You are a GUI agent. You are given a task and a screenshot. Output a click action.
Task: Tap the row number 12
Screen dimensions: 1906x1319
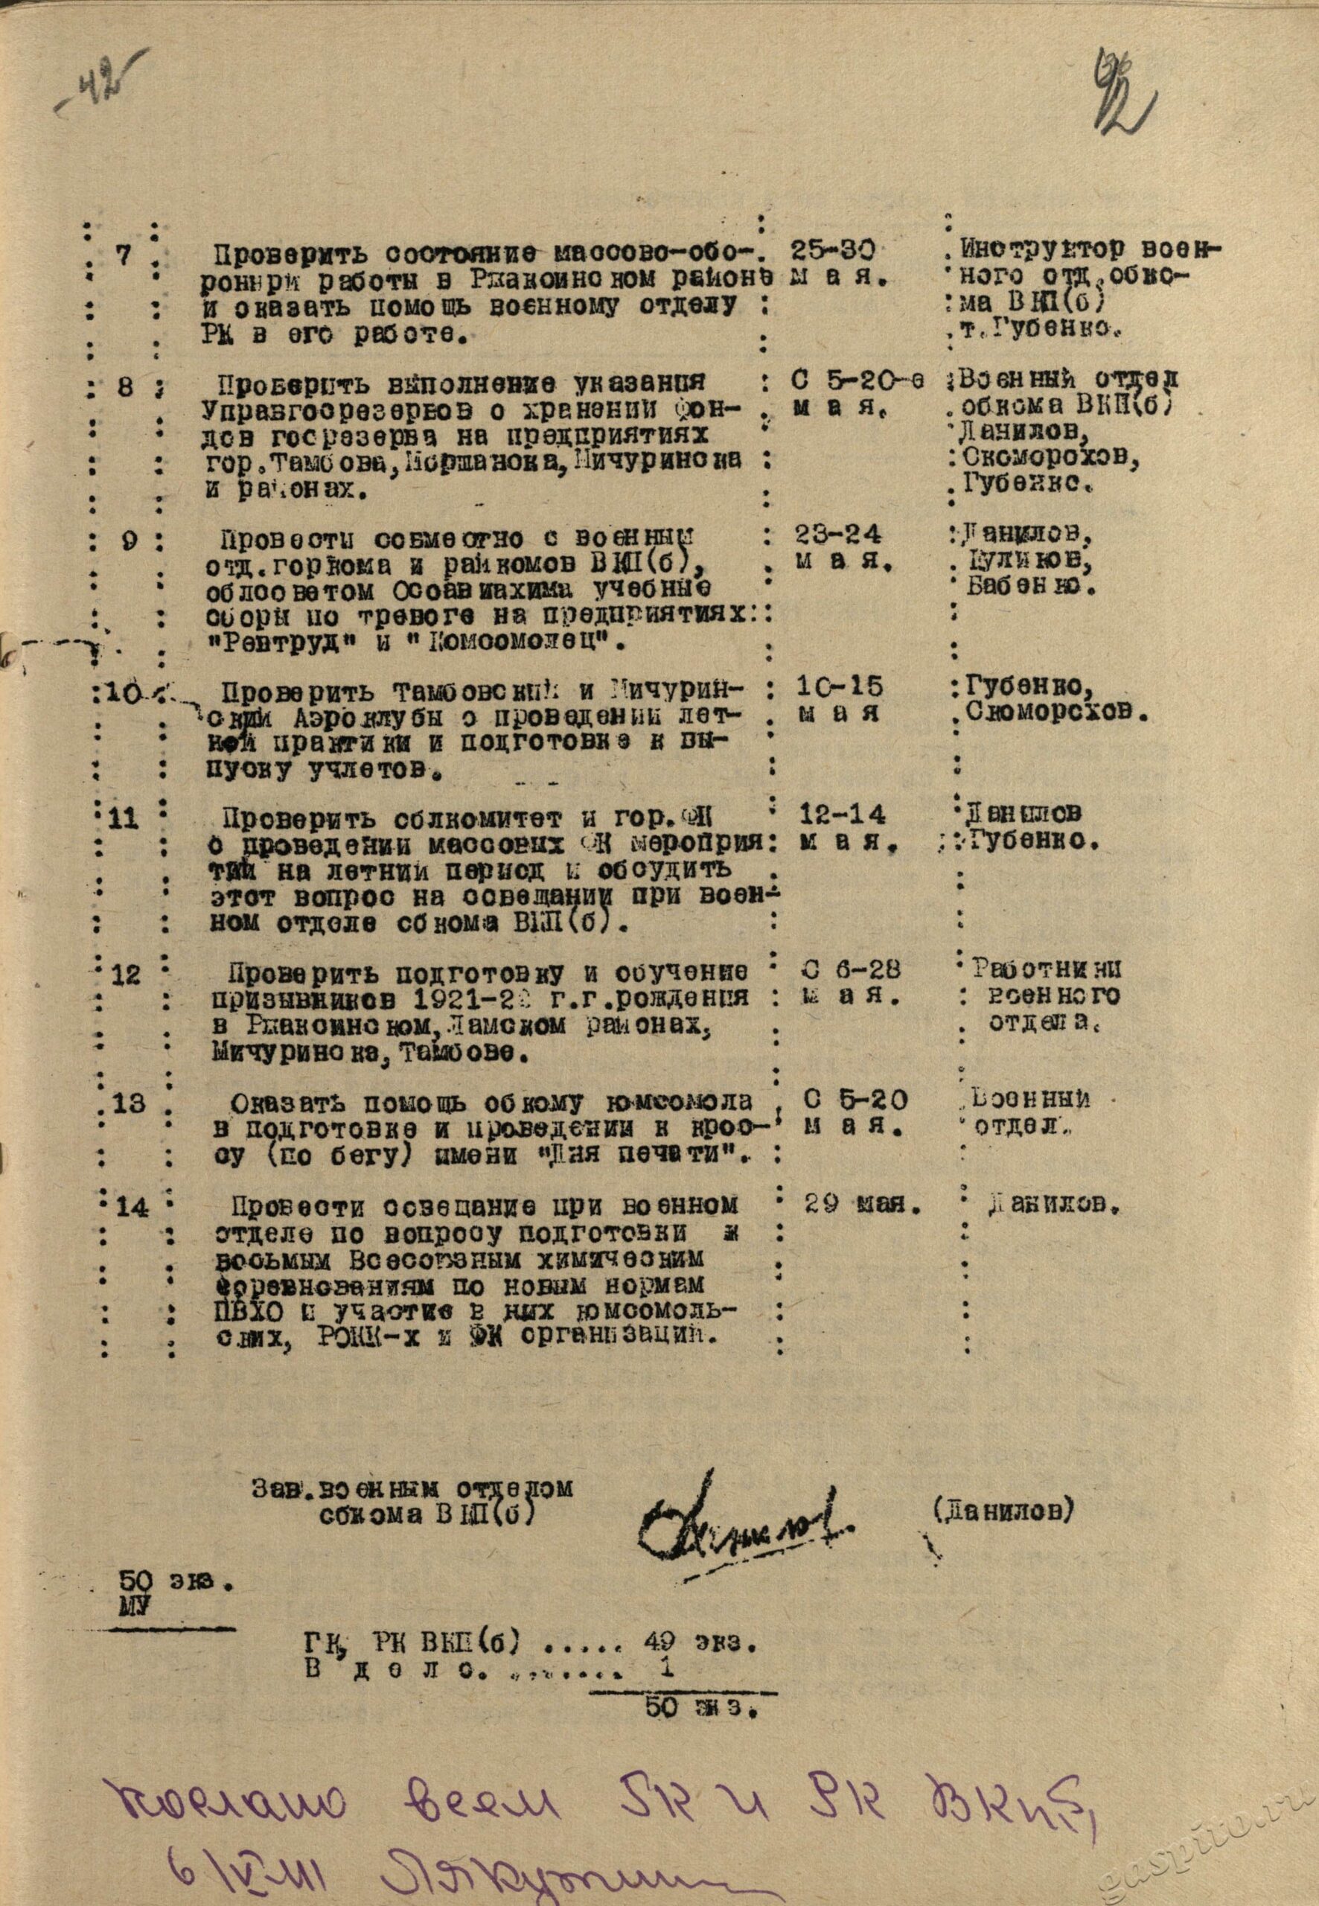click(x=127, y=975)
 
